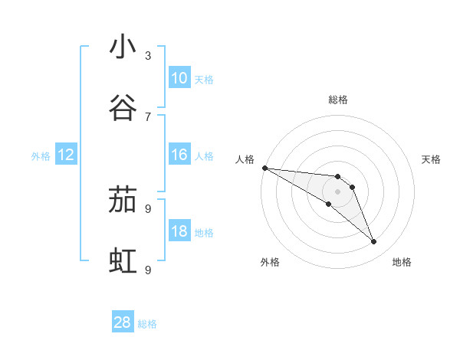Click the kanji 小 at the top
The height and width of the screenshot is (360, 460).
coord(123,47)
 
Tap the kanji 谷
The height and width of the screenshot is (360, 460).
coord(123,109)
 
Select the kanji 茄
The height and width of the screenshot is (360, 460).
coord(123,201)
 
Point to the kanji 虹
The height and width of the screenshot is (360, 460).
coord(123,262)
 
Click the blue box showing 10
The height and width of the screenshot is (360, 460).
coord(179,78)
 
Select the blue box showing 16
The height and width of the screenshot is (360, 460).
coord(179,155)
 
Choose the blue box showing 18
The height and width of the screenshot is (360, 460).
coord(179,232)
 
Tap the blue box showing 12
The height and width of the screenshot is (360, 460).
coord(66,155)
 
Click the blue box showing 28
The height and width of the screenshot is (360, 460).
coord(123,322)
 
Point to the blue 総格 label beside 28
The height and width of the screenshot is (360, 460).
coord(147,324)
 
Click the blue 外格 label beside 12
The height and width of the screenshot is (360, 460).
coord(41,156)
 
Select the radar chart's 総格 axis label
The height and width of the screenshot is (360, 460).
coord(338,100)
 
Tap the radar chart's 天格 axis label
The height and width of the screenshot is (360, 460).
coord(432,159)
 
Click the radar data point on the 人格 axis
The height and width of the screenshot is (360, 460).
coord(264,167)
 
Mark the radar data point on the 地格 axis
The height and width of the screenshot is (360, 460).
coord(374,242)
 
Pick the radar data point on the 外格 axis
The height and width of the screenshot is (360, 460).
coord(328,204)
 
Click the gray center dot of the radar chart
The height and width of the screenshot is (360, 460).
coord(337,191)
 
